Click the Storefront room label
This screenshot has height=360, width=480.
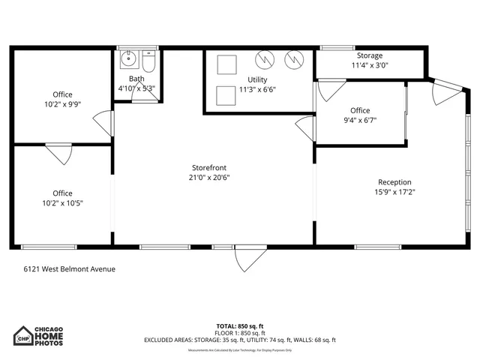point(209,167)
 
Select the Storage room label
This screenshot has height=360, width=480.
point(369,55)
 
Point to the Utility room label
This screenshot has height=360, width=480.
point(257,79)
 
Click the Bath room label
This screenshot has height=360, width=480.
point(136,79)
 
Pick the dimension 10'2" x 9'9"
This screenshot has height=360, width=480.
point(63,104)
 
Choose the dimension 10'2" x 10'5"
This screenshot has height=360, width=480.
point(63,202)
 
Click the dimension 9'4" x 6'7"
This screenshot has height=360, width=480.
point(360,120)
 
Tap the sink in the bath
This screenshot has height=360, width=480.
point(128,57)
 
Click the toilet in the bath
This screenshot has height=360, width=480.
point(148,61)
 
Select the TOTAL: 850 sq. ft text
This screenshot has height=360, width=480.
point(240,326)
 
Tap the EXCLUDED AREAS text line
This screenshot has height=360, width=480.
point(240,340)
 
